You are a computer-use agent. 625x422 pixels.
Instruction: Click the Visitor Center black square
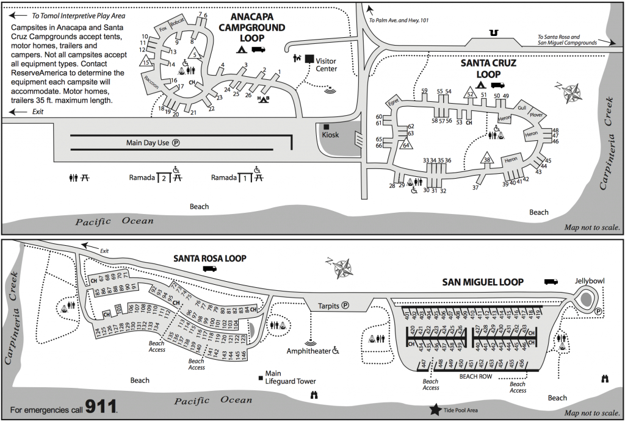[x=309, y=59]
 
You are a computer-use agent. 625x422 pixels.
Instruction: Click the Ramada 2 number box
[x=162, y=178]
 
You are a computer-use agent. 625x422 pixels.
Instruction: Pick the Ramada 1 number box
[x=244, y=178]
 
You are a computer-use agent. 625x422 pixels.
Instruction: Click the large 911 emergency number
[x=101, y=406]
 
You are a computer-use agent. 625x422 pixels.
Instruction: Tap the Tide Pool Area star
[x=436, y=409]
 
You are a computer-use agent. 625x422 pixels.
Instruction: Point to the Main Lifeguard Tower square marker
[x=261, y=374]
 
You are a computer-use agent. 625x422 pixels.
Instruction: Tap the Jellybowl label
[x=589, y=281]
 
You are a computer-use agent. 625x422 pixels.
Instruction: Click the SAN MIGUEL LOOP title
[x=483, y=282]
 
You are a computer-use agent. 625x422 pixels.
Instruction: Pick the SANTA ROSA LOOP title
[x=210, y=258]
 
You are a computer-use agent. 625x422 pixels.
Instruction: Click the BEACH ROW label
[x=476, y=377]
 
